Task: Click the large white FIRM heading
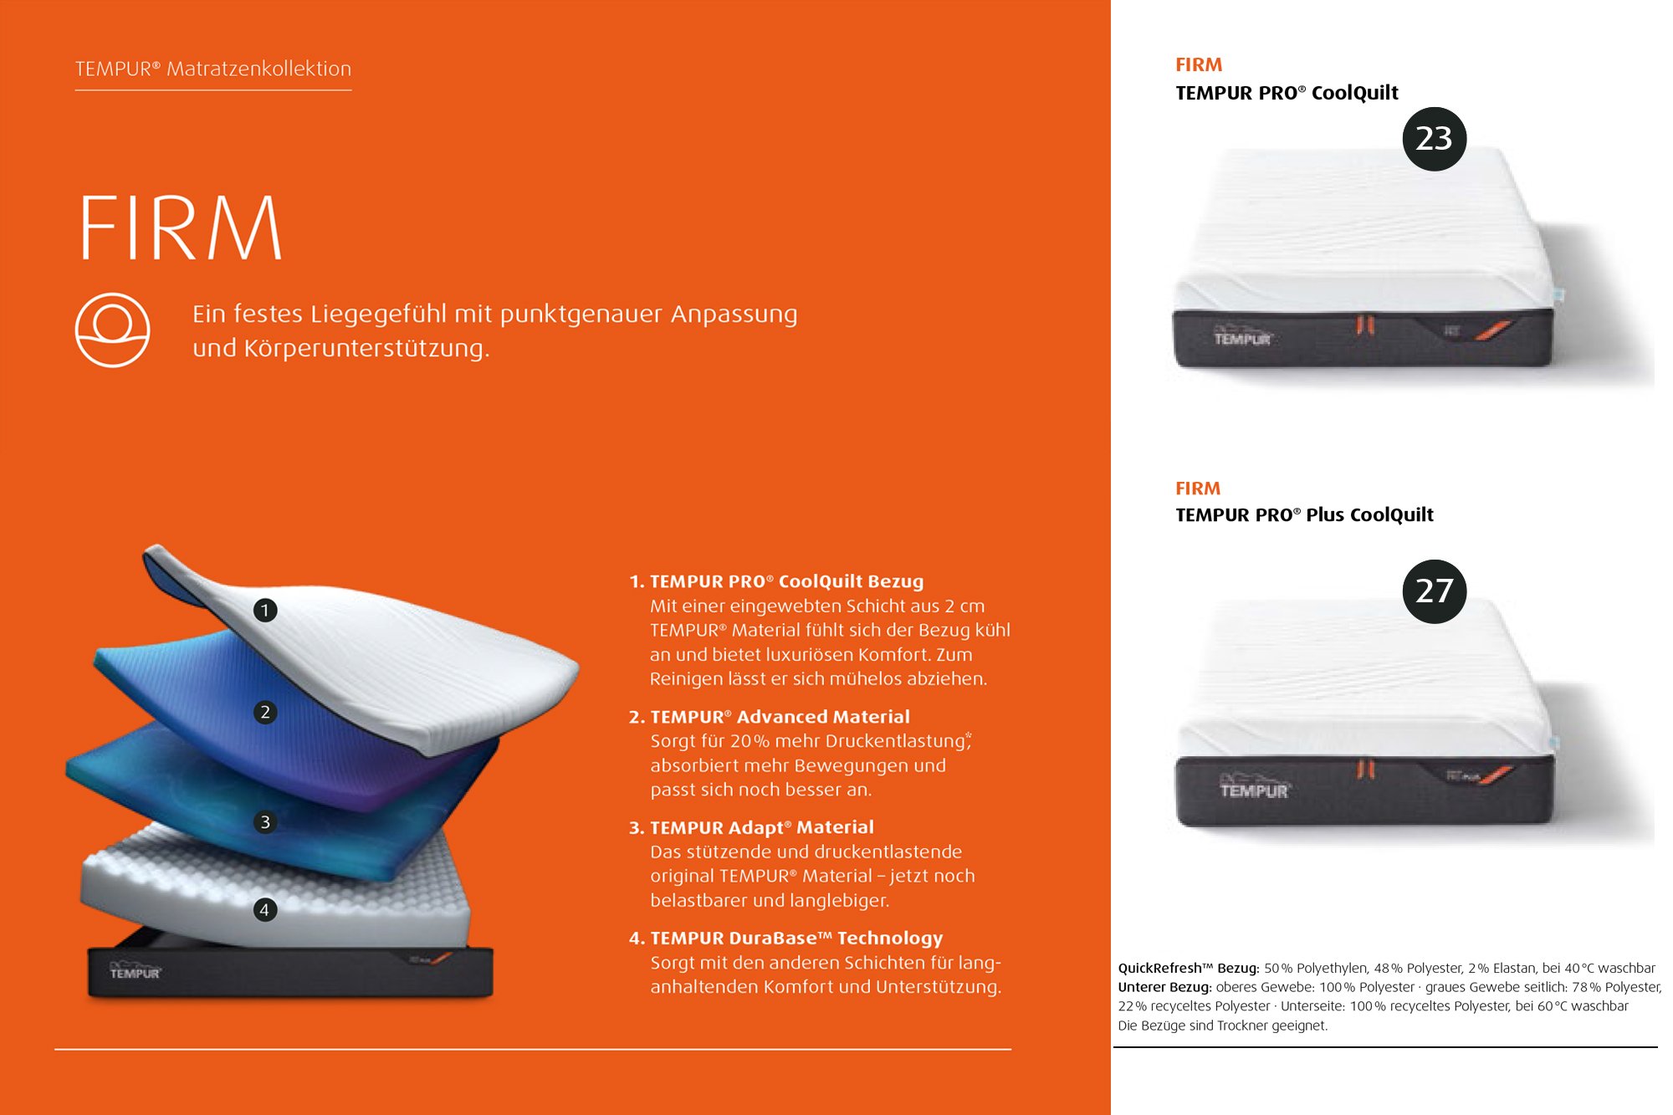coord(181,228)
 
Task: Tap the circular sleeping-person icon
coord(113,330)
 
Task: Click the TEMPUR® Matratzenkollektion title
coord(213,69)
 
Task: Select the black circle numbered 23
coord(1434,139)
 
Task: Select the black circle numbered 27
coord(1434,591)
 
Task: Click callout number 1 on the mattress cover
coord(265,611)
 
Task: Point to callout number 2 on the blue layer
coord(265,712)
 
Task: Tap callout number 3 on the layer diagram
coord(265,822)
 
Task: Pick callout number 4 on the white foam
coord(264,909)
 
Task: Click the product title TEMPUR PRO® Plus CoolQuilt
coord(1304,515)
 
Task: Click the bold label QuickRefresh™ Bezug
coord(1188,969)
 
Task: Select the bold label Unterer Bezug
coord(1164,988)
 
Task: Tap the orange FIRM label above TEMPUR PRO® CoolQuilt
coord(1199,65)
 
